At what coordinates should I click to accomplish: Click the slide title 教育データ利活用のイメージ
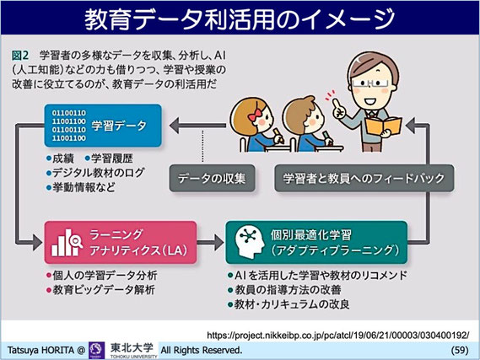[x=240, y=19]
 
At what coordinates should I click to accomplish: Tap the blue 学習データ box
[x=103, y=126]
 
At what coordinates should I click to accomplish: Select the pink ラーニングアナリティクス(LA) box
[x=121, y=242]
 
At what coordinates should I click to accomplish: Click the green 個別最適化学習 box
[x=316, y=242]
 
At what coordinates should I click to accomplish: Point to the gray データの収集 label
[x=212, y=179]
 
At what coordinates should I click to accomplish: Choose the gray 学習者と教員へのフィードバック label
[x=364, y=179]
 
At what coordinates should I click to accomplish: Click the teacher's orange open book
[x=383, y=126]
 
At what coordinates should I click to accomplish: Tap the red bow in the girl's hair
[x=255, y=114]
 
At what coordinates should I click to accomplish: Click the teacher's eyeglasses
[x=370, y=83]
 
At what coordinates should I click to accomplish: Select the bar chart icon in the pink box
[x=67, y=243]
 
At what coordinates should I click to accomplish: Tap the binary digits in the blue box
[x=68, y=126]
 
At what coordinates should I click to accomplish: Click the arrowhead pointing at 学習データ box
[x=175, y=126]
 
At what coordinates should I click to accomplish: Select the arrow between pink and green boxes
[x=211, y=242]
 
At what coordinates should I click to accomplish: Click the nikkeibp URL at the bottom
[x=337, y=336]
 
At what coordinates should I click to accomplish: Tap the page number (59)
[x=460, y=350]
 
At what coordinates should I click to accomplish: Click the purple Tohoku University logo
[x=97, y=350]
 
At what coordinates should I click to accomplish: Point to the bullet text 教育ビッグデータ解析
[x=104, y=290]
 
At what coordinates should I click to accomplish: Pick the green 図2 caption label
[x=20, y=56]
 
